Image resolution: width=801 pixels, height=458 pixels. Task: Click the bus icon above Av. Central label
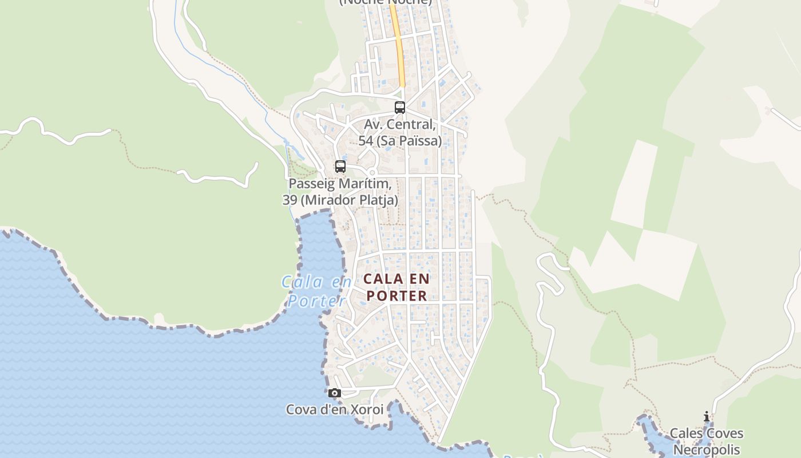click(400, 107)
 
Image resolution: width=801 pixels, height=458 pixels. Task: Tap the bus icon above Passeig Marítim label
click(340, 167)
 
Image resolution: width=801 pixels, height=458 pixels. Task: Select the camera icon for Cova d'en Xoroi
click(335, 393)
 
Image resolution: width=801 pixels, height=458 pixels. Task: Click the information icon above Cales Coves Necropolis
click(707, 417)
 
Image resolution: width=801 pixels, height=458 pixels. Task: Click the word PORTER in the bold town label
click(397, 295)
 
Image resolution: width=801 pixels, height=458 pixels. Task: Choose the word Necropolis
click(707, 450)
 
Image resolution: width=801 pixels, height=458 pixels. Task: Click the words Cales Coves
click(707, 433)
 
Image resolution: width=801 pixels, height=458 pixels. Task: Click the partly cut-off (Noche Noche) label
click(385, 2)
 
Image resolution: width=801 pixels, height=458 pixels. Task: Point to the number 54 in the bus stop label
click(366, 141)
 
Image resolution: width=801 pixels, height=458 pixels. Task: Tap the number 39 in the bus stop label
click(290, 200)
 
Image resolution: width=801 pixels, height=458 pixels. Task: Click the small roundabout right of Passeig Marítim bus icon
click(372, 172)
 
